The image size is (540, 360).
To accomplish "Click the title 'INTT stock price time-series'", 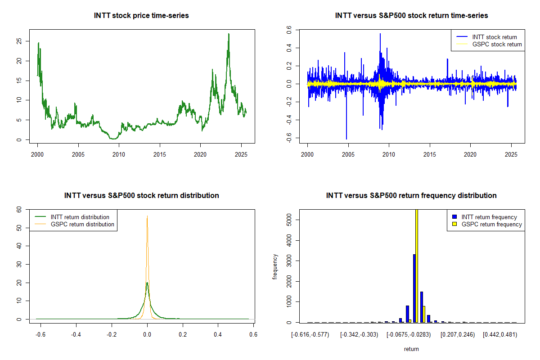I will click(x=141, y=16).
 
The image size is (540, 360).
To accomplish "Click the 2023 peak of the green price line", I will click(x=229, y=34).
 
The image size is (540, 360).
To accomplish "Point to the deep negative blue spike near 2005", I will click(x=346, y=138).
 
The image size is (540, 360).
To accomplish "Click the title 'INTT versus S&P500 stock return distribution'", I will click(x=141, y=196).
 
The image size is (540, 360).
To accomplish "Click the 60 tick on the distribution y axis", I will click(x=19, y=209).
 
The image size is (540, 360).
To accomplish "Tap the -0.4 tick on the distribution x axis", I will click(x=76, y=335).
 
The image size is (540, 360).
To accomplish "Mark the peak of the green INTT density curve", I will click(x=147, y=283).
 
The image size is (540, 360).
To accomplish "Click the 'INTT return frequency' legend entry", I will click(x=489, y=217).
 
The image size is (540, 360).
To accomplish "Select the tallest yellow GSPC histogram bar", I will click(x=417, y=265).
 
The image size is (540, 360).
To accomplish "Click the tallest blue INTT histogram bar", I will click(x=414, y=288).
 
